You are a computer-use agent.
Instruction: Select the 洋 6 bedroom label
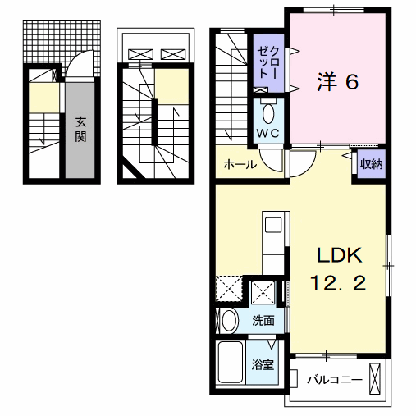click(336, 83)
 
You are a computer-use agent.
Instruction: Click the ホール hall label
click(238, 165)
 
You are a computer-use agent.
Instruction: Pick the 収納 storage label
click(371, 162)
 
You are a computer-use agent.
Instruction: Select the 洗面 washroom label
click(263, 321)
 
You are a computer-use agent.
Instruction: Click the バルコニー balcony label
click(334, 379)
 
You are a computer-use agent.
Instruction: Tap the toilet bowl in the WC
click(268, 112)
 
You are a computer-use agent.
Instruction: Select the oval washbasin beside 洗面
click(229, 320)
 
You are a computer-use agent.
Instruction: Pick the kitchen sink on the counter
click(273, 223)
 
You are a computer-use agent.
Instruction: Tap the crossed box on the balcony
click(376, 379)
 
